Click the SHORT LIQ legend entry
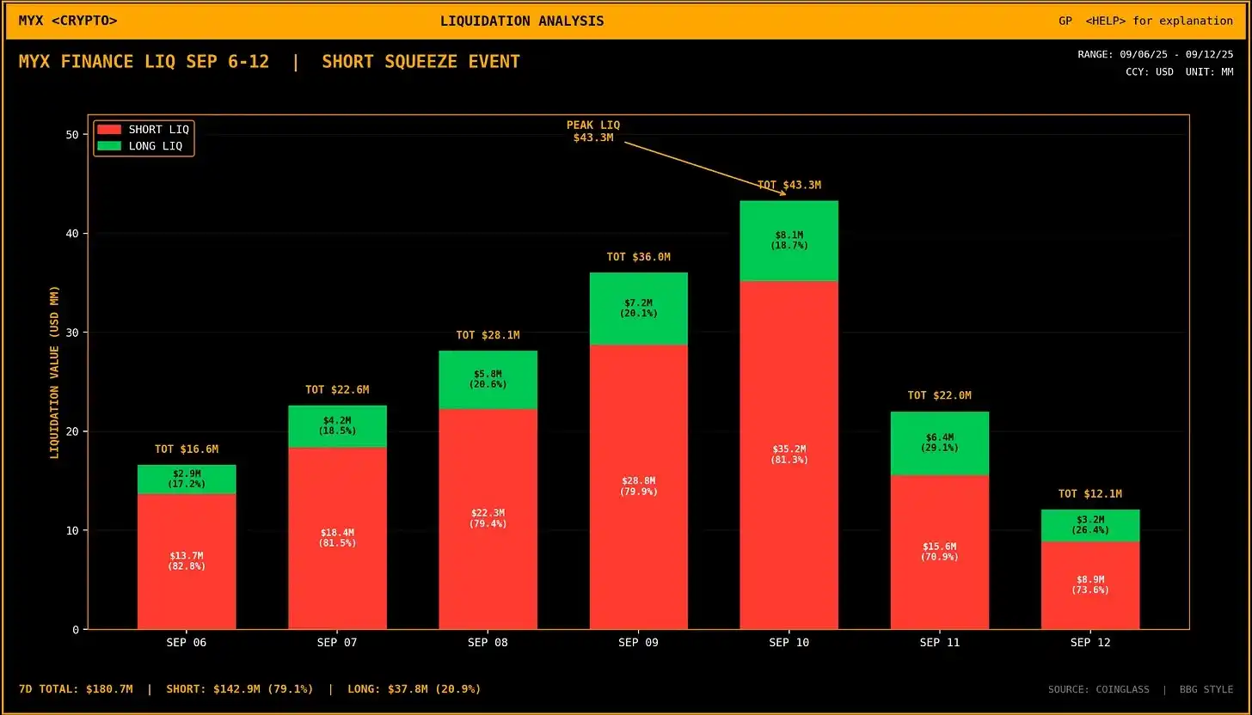[144, 129]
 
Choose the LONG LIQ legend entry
[144, 146]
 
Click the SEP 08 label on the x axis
[488, 643]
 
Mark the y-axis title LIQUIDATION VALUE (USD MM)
[54, 372]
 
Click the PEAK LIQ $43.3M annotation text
[593, 131]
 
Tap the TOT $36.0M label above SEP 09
[638, 257]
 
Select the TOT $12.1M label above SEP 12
[1090, 494]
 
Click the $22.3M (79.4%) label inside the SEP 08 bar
[488, 518]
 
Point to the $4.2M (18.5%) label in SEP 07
[337, 425]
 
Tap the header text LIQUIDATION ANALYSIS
[522, 21]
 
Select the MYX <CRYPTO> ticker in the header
[68, 21]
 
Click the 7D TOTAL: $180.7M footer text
[76, 689]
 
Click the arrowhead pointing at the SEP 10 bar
[783, 194]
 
